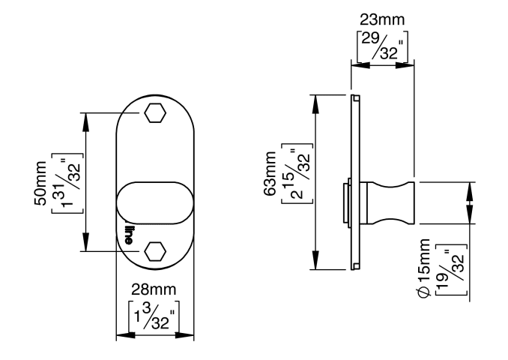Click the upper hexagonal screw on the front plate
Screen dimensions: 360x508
click(x=155, y=113)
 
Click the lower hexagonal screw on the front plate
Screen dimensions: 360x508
click(x=155, y=251)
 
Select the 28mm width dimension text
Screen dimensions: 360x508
click(x=154, y=289)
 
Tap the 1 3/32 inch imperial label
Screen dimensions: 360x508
click(x=154, y=310)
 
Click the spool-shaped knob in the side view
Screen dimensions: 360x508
click(x=390, y=202)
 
